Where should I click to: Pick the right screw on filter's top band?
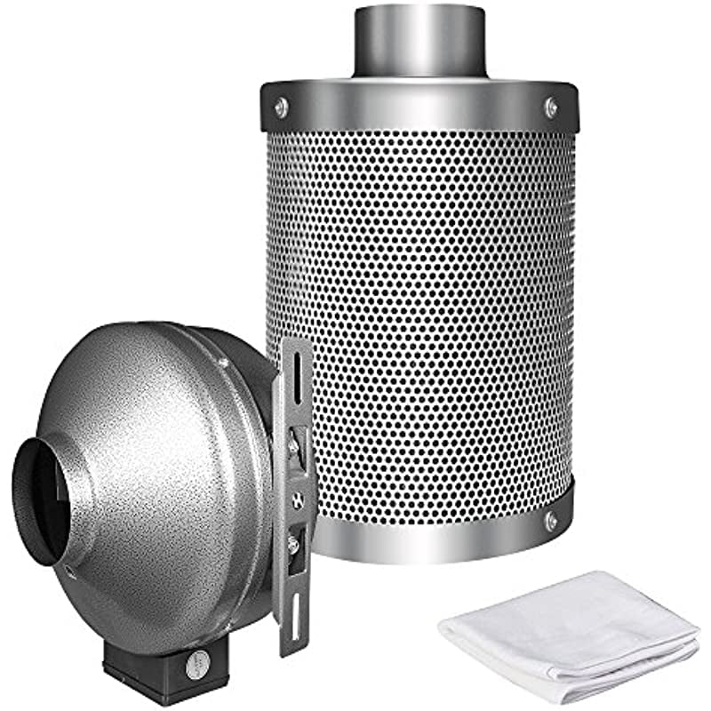(551, 107)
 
